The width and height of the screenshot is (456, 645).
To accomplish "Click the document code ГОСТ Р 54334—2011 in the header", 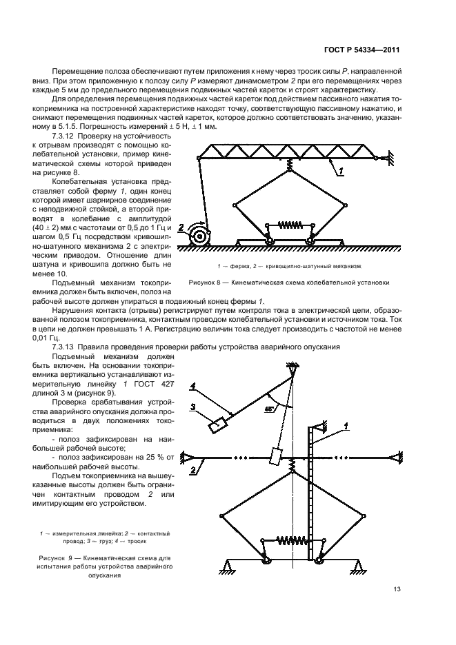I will pyautogui.click(x=363, y=50).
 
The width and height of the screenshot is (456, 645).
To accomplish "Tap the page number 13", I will pyautogui.click(x=397, y=588).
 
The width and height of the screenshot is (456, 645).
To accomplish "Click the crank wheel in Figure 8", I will pyautogui.click(x=201, y=236).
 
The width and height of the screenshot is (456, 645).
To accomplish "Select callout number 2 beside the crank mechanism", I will pyautogui.click(x=181, y=226).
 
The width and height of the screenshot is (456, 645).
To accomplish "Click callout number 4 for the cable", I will pyautogui.click(x=194, y=386).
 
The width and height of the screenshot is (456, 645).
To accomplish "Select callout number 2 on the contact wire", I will pyautogui.click(x=195, y=469).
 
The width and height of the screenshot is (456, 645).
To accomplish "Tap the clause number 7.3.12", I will pyautogui.click(x=57, y=138).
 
